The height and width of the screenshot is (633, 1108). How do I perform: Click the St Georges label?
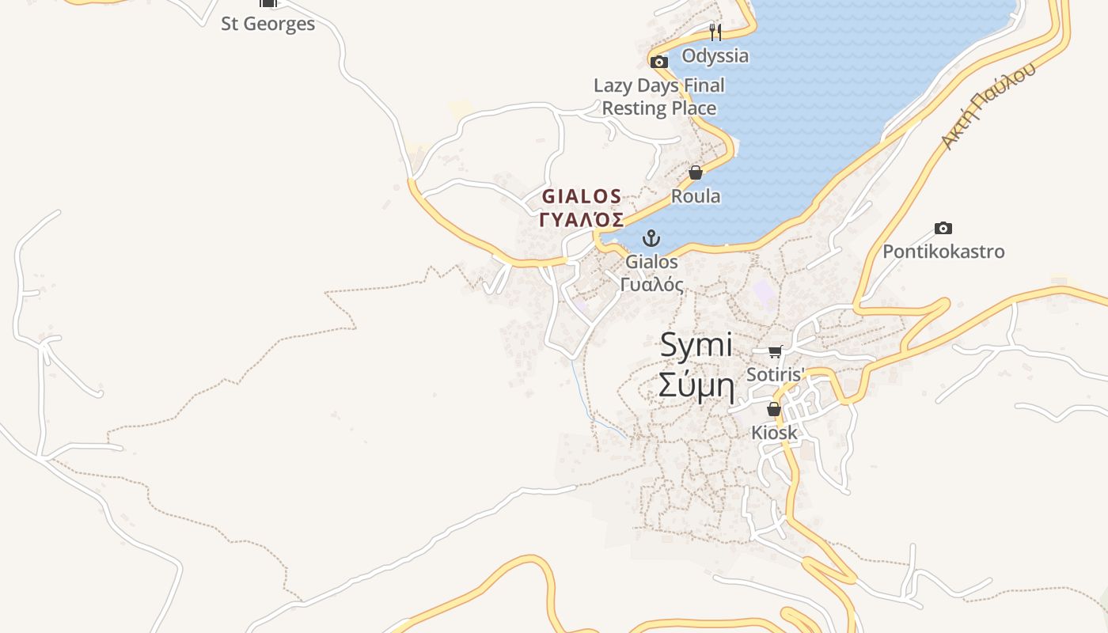click(268, 24)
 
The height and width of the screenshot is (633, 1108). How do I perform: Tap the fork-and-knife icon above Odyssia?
click(715, 32)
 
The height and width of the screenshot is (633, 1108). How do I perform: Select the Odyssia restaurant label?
click(715, 56)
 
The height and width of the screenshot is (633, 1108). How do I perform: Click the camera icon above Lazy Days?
click(658, 62)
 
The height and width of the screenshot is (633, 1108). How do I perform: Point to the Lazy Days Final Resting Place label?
click(659, 97)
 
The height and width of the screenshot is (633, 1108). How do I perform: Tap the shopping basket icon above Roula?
click(696, 172)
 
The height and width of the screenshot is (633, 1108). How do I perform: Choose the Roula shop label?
click(696, 196)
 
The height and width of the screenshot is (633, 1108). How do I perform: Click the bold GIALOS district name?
click(582, 196)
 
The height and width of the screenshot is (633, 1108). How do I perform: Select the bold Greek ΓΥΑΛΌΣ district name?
click(582, 219)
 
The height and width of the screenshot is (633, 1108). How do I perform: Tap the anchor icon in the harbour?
click(651, 237)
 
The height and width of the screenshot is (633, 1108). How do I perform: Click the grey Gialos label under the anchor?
click(651, 261)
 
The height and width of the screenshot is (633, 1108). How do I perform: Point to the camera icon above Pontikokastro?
click(943, 229)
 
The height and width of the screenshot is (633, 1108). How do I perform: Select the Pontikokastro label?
click(943, 252)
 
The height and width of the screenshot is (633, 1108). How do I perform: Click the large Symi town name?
click(696, 345)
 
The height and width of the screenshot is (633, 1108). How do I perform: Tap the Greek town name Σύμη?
click(696, 386)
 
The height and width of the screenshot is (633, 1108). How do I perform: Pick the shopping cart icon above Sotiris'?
click(775, 351)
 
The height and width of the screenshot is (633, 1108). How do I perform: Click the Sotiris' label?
click(775, 374)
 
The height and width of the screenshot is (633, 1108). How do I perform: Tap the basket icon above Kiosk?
click(774, 409)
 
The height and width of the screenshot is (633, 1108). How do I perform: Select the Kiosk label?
click(774, 433)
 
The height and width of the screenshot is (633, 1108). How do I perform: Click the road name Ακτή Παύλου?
click(988, 106)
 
